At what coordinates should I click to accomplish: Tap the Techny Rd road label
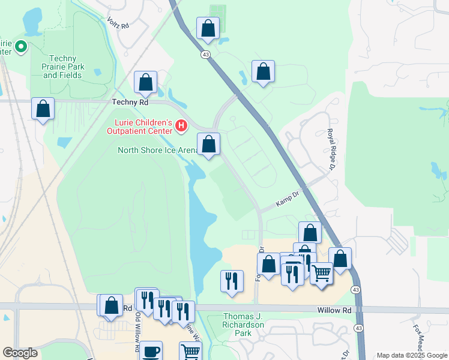[130, 103]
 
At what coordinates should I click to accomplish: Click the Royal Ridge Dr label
[330, 151]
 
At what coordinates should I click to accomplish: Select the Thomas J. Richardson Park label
[244, 324]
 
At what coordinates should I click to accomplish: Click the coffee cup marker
[151, 351]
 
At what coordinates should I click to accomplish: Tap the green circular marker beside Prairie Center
[20, 46]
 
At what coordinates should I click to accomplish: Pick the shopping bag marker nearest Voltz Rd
[208, 28]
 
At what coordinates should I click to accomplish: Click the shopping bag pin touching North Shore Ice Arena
[209, 144]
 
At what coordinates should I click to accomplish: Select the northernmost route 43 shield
[205, 55]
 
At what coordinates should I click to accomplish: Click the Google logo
[20, 353]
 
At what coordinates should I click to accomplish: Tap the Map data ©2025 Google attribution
[411, 355]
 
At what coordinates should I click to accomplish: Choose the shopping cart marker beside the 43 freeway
[322, 274]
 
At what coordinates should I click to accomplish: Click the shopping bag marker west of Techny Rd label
[43, 109]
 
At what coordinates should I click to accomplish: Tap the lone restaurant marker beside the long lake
[232, 281]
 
